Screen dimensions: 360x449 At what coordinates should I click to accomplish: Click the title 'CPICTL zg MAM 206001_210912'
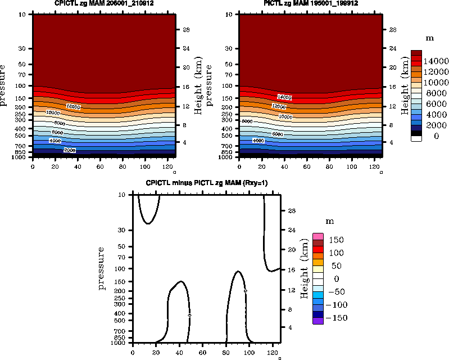[104, 4]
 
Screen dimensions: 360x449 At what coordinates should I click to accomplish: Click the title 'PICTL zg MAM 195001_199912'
[311, 4]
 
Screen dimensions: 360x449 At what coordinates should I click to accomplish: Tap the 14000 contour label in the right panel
[285, 97]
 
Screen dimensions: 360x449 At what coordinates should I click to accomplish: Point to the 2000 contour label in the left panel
[70, 150]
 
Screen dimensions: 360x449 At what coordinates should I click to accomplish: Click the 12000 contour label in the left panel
[73, 106]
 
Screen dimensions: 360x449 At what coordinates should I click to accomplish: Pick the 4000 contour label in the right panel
[258, 140]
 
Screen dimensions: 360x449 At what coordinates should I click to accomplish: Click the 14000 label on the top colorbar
[436, 61]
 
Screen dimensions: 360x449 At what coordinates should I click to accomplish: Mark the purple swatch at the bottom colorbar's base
[318, 321]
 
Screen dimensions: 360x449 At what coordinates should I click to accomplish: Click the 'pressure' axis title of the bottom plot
[102, 268]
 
